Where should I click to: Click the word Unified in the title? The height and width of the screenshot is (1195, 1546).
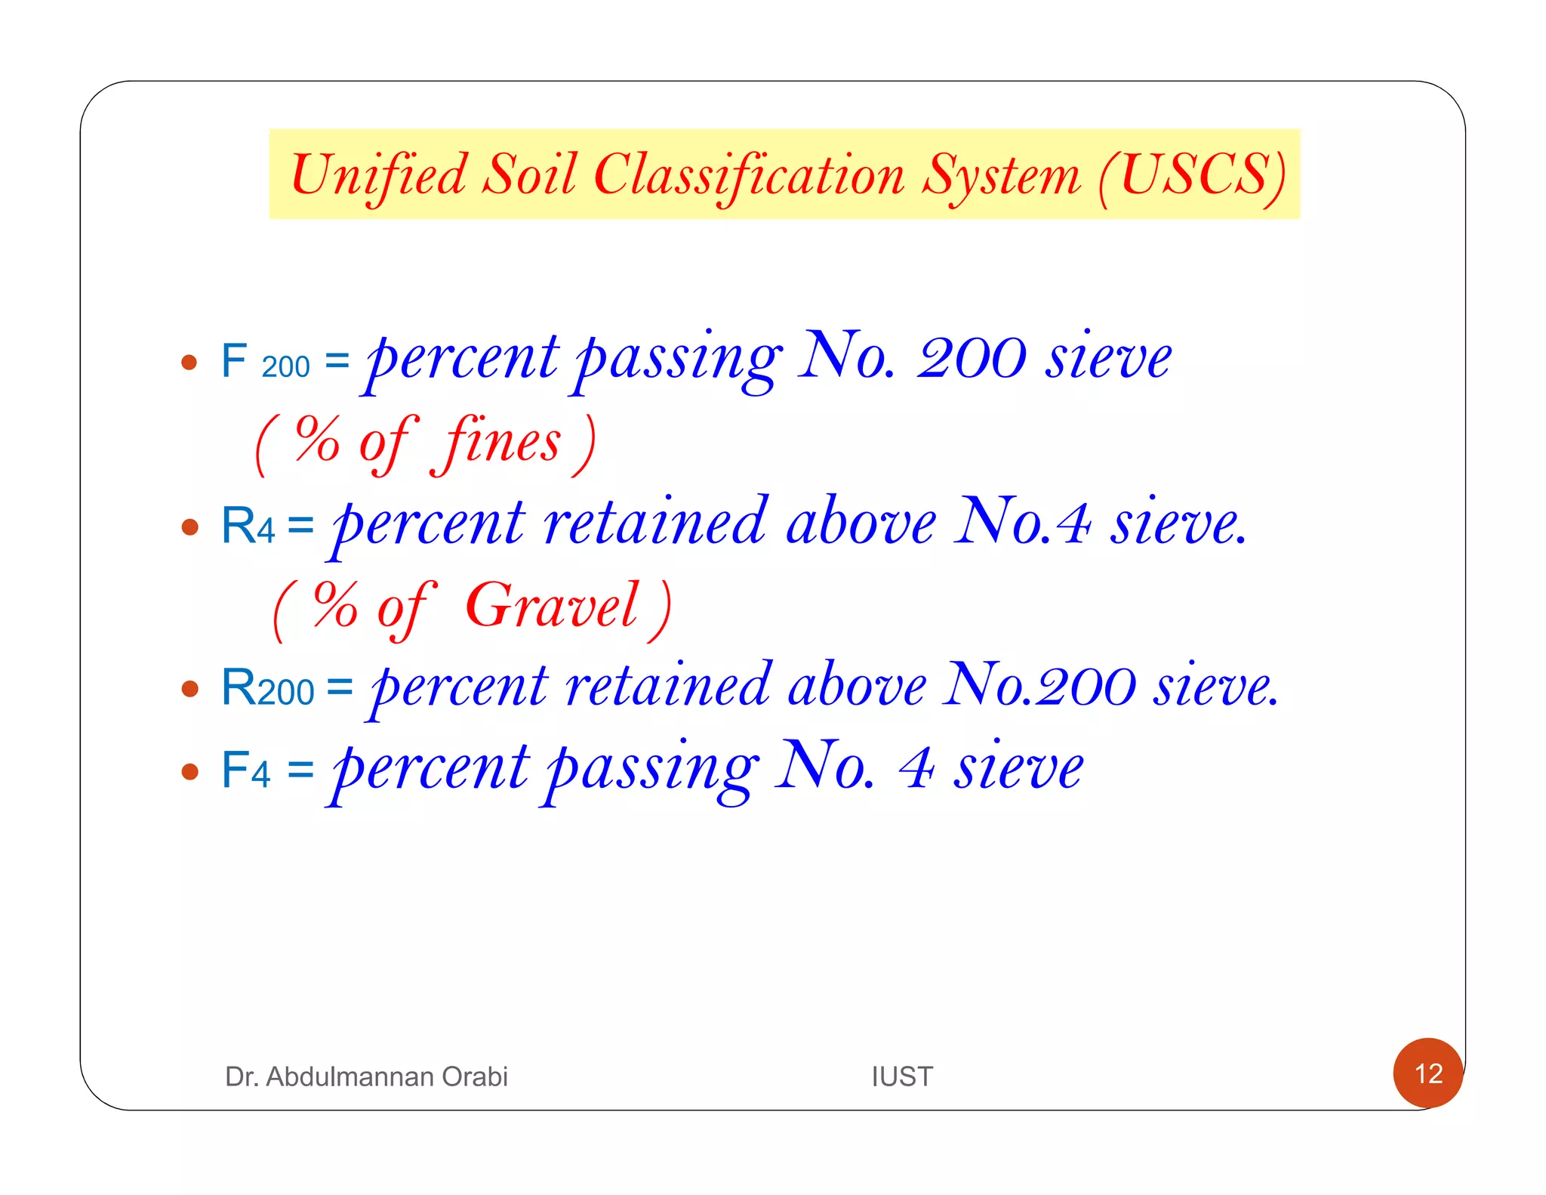[378, 176]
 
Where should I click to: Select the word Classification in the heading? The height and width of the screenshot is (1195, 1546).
[749, 176]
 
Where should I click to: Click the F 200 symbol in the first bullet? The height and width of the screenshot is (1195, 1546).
[265, 362]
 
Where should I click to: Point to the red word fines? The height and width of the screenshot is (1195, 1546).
[503, 443]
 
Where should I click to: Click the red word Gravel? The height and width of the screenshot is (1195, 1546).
[552, 606]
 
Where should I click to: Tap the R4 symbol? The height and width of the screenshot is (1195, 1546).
[247, 526]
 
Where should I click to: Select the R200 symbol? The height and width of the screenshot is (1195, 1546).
[267, 688]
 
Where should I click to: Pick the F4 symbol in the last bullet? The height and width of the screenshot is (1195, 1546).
[245, 770]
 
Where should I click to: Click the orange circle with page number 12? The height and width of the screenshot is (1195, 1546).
[1427, 1073]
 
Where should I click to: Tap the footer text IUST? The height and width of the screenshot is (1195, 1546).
[902, 1076]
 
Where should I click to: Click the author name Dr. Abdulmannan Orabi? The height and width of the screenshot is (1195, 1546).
[366, 1076]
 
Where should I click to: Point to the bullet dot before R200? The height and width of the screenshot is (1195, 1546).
[190, 689]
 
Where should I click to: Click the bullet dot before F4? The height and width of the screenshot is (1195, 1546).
[190, 771]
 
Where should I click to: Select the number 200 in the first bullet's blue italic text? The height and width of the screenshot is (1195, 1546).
[972, 358]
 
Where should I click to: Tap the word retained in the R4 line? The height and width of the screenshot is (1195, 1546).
[656, 523]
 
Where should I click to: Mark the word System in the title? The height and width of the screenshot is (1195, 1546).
[1002, 176]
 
